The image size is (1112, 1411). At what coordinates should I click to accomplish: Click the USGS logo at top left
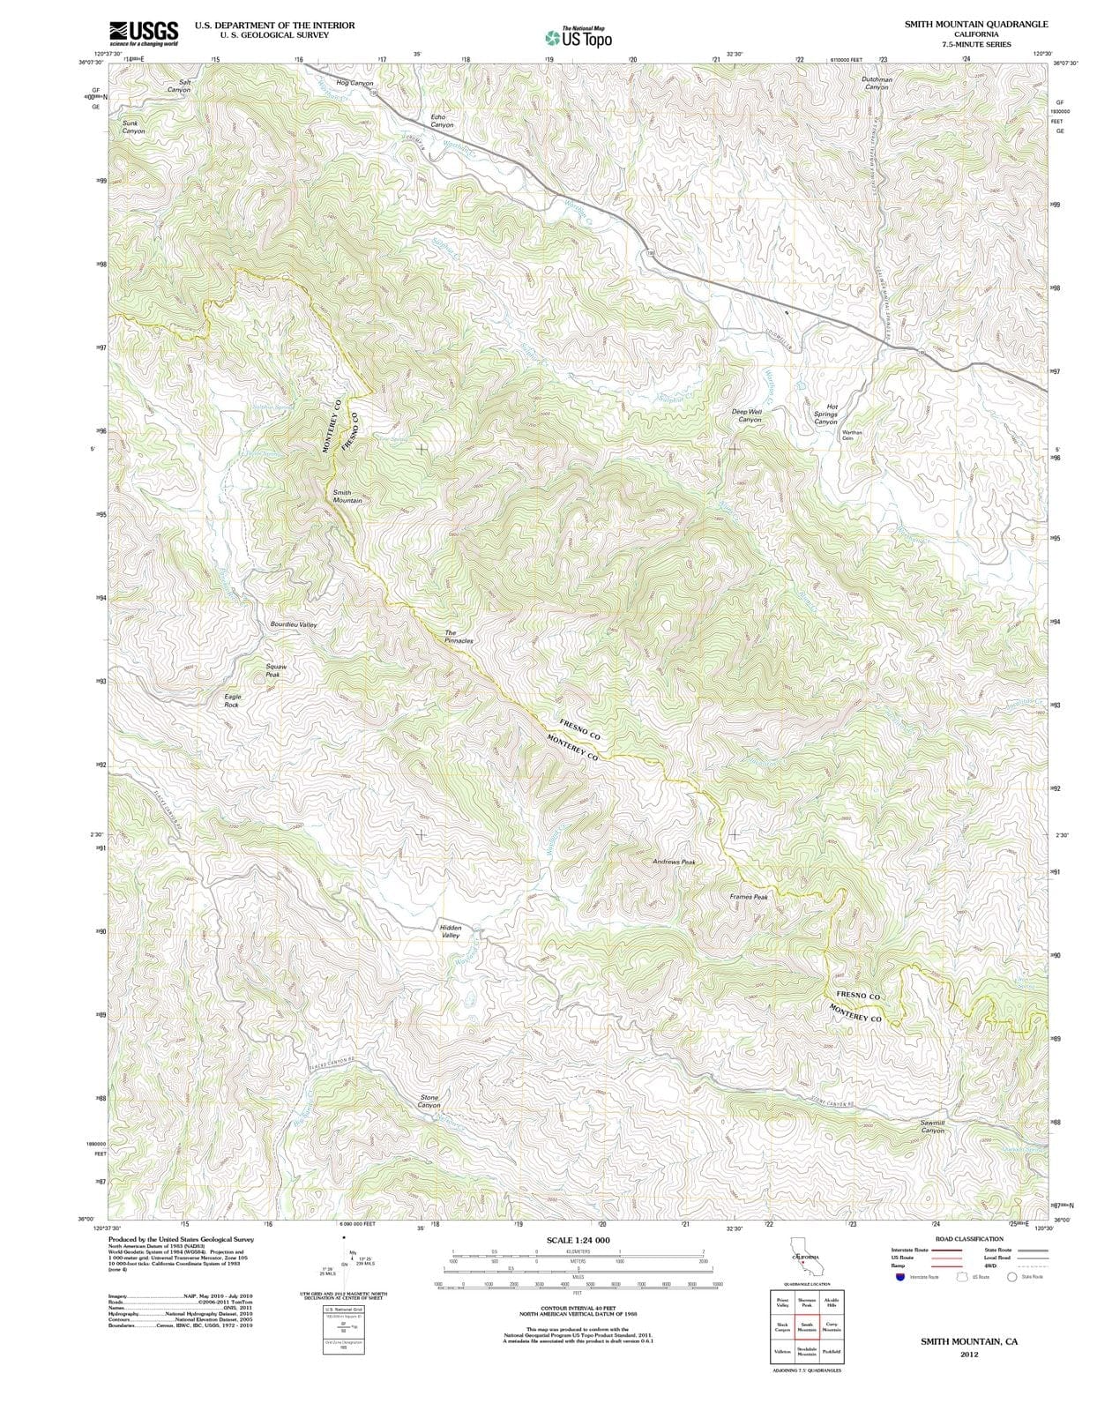[x=144, y=34]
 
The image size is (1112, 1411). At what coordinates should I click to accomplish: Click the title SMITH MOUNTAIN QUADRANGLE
[x=976, y=25]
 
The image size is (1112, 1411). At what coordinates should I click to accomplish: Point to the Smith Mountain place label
[x=347, y=496]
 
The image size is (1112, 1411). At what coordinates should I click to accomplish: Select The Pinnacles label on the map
[x=458, y=637]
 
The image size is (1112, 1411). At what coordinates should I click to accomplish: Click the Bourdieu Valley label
[x=293, y=624]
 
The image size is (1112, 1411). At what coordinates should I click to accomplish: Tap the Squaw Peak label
[x=276, y=671]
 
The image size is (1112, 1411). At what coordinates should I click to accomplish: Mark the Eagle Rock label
[x=232, y=701]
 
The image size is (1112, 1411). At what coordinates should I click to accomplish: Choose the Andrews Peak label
[x=675, y=862]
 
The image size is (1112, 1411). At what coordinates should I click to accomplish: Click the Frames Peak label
[x=749, y=897]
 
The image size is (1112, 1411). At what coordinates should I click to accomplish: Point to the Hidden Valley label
[x=450, y=931]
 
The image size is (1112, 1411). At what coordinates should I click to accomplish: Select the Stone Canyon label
[x=429, y=1101]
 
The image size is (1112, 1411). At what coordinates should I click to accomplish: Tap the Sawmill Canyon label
[x=932, y=1126]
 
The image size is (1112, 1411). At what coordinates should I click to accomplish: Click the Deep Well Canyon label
[x=747, y=415]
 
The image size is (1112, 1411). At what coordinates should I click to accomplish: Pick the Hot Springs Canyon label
[x=825, y=414]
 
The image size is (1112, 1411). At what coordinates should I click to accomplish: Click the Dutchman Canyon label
[x=877, y=83]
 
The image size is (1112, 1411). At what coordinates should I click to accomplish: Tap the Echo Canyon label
[x=441, y=121]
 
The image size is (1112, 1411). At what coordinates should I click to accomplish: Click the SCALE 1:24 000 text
[x=578, y=1240]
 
